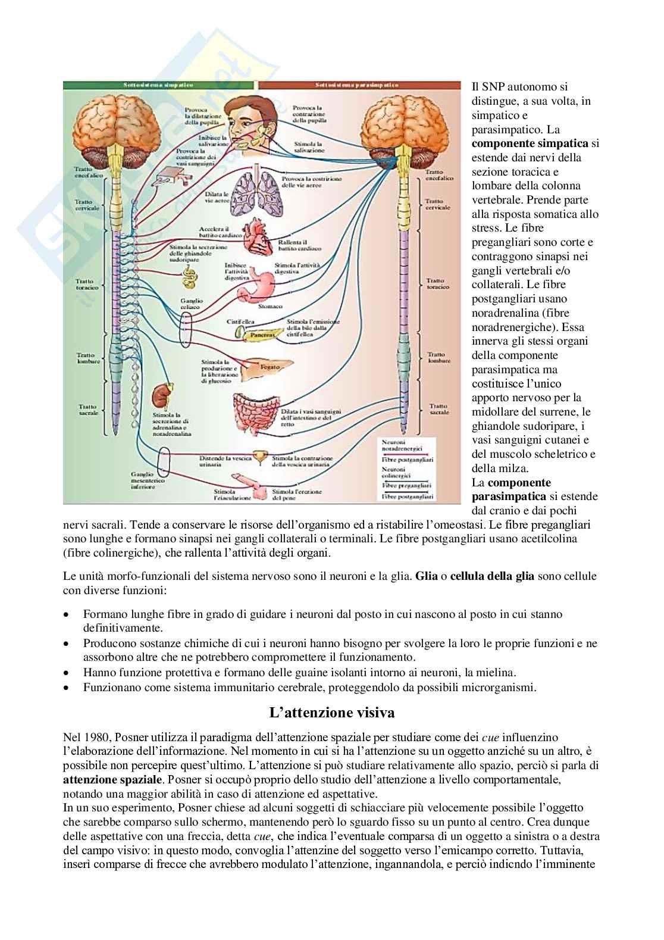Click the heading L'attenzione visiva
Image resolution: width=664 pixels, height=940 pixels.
click(x=331, y=712)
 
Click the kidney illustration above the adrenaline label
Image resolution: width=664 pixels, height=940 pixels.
click(x=159, y=396)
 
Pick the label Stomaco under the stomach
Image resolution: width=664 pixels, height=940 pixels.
click(x=270, y=307)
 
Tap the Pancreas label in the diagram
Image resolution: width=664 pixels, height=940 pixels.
click(x=262, y=335)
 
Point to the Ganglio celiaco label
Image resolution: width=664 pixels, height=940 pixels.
click(x=192, y=304)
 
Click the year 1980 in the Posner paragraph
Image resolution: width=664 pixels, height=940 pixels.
click(x=95, y=738)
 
